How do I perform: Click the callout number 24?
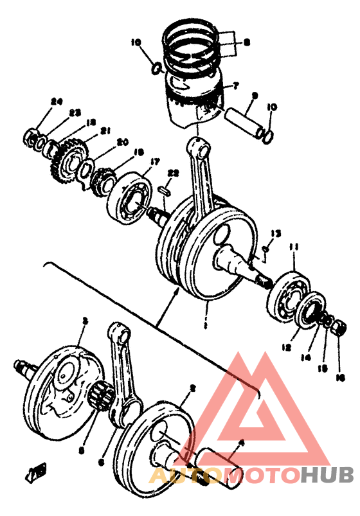[57, 102]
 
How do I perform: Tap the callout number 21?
[104, 130]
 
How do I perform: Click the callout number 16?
[341, 378]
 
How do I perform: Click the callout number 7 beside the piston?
[236, 85]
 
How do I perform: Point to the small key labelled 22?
[164, 190]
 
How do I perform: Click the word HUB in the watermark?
[327, 476]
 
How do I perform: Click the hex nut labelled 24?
[32, 136]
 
